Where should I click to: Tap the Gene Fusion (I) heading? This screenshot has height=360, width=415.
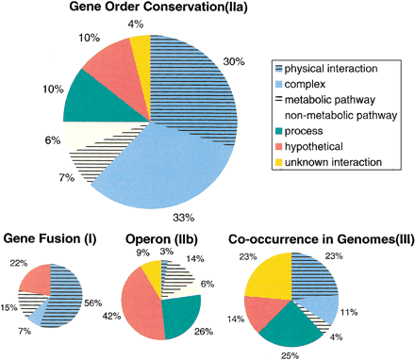coord(52,235)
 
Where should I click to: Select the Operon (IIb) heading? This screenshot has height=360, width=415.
coord(160,235)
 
